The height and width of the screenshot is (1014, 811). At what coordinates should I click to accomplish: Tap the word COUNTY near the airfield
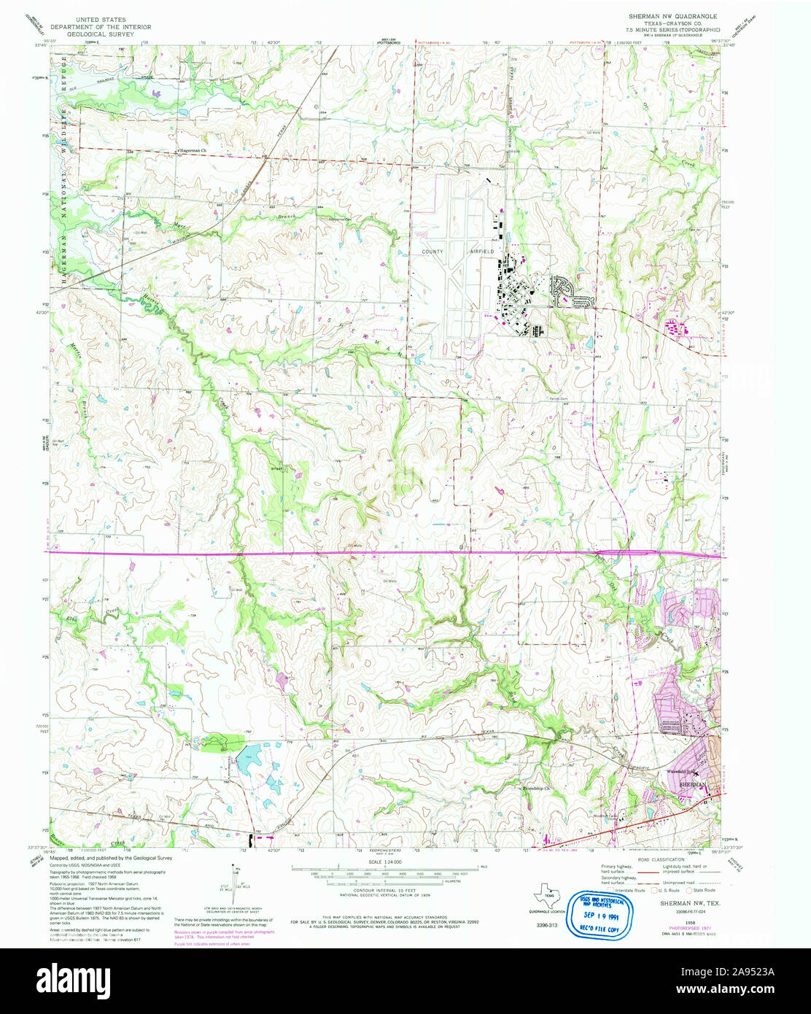[x=432, y=251]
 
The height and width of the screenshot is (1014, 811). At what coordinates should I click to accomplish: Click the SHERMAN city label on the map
[x=693, y=783]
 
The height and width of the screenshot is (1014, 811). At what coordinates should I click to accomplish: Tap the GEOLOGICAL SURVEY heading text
[x=117, y=33]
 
